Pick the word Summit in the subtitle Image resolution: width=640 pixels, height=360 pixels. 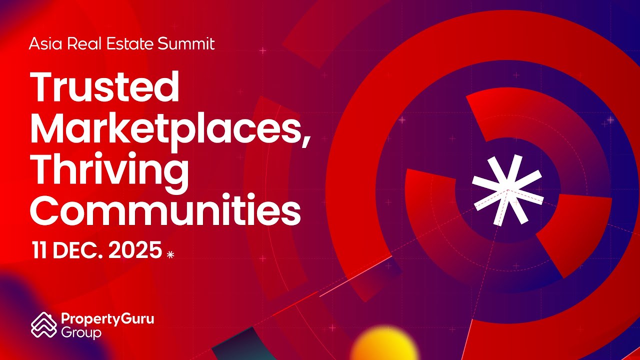pos(186,44)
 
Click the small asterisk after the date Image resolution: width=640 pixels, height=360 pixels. pos(170,254)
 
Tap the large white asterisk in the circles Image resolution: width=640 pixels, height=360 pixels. pos(506,189)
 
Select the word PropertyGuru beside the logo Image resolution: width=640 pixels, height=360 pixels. pos(107,319)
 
